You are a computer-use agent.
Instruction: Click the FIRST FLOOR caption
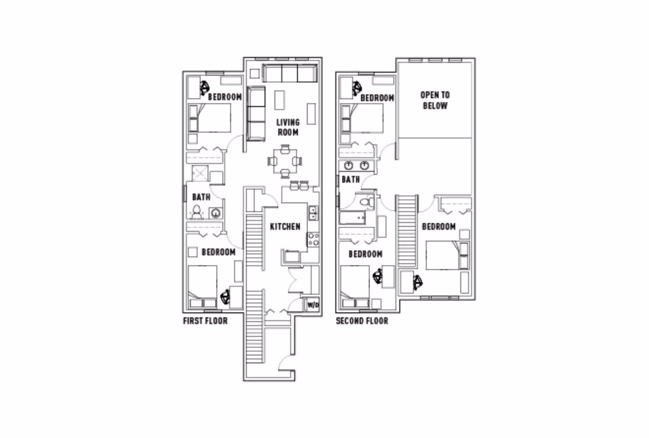click(x=205, y=321)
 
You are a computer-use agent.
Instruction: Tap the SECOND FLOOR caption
click(x=362, y=321)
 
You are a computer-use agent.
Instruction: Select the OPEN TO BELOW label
click(x=435, y=100)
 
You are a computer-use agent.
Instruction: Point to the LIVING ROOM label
click(x=287, y=128)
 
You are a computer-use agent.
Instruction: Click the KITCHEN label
click(x=285, y=226)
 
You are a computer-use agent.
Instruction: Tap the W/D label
click(x=312, y=305)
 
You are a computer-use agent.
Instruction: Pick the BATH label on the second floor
click(x=351, y=179)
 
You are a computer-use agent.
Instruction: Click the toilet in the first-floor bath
click(x=197, y=211)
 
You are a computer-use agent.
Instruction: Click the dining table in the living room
click(x=285, y=161)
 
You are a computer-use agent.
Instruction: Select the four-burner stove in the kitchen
click(x=314, y=239)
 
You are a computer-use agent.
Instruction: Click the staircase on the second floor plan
click(x=407, y=230)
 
